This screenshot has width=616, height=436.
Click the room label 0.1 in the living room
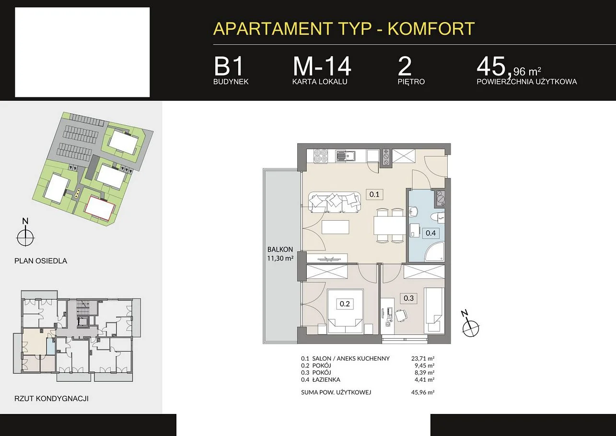(374, 194)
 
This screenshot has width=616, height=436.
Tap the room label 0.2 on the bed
(345, 304)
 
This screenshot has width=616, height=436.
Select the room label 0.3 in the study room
(408, 298)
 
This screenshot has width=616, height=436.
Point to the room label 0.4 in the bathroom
(430, 233)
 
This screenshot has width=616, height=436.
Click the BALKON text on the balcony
(280, 249)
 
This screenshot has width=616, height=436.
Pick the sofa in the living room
(335, 202)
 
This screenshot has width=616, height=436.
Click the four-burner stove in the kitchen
(321, 156)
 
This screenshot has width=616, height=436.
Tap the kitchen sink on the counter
(346, 156)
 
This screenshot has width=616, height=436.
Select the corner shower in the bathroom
(434, 251)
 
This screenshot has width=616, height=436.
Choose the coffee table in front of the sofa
(335, 227)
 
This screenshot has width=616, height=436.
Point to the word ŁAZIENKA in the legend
(326, 379)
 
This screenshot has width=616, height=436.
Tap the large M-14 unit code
(322, 66)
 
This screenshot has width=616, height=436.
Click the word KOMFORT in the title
(431, 28)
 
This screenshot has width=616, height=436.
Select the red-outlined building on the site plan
(99, 208)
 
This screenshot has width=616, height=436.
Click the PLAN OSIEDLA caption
(41, 261)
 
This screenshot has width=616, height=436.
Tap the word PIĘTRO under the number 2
(411, 82)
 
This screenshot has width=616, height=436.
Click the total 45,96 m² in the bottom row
(423, 392)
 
